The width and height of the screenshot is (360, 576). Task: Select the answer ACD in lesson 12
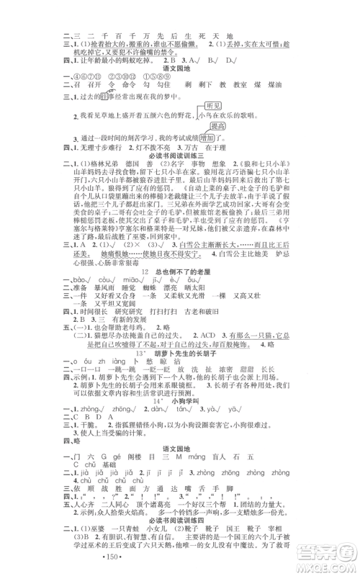point(216,348)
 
